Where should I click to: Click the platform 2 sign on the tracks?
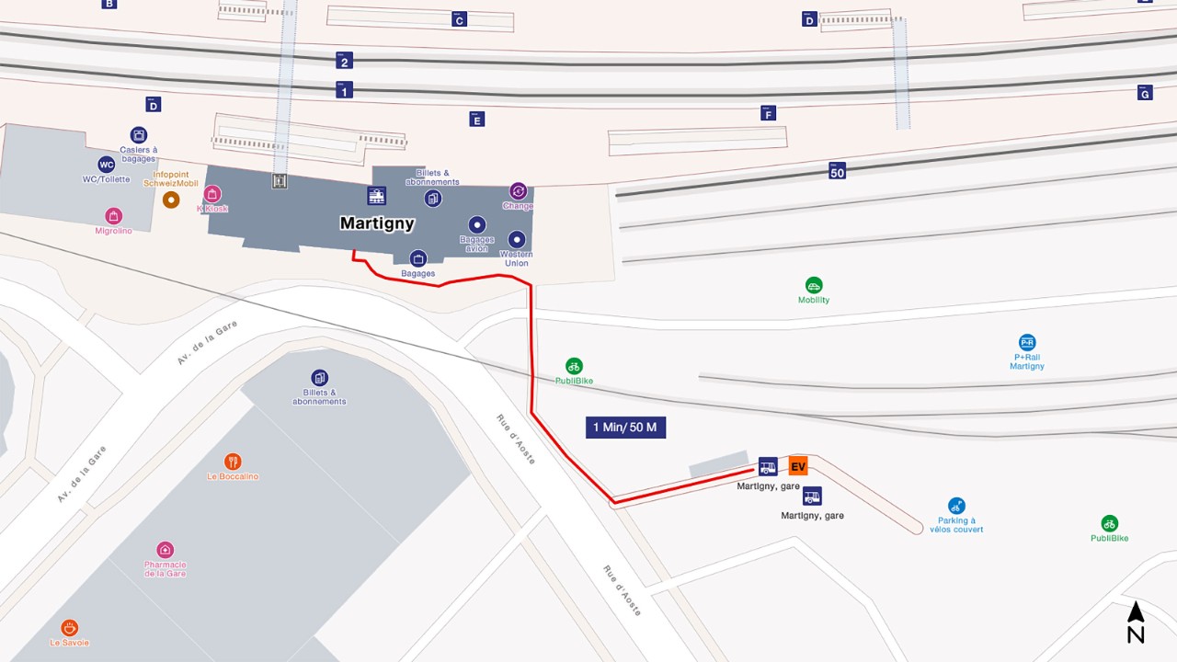(x=345, y=61)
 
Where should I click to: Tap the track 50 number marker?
(x=837, y=170)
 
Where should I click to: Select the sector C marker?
(x=459, y=19)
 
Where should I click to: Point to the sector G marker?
(x=1145, y=92)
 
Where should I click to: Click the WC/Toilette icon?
(x=106, y=165)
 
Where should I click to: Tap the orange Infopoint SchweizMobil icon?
(x=170, y=200)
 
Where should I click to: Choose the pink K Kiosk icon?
(x=212, y=193)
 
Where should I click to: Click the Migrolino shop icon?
(x=113, y=216)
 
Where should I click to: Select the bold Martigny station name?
(x=377, y=223)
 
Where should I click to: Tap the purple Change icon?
(x=518, y=190)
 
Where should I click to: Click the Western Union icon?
(x=516, y=239)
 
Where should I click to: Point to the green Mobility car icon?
(x=814, y=285)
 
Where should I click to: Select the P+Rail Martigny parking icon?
(x=1027, y=342)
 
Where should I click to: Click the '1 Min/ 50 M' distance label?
(x=625, y=427)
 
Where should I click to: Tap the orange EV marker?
(x=798, y=466)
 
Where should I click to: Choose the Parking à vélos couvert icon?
(x=956, y=506)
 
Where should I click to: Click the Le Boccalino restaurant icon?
(x=233, y=462)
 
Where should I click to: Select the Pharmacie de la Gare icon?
(x=166, y=550)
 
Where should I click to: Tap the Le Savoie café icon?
(x=70, y=628)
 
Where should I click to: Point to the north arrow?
(x=1136, y=622)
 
